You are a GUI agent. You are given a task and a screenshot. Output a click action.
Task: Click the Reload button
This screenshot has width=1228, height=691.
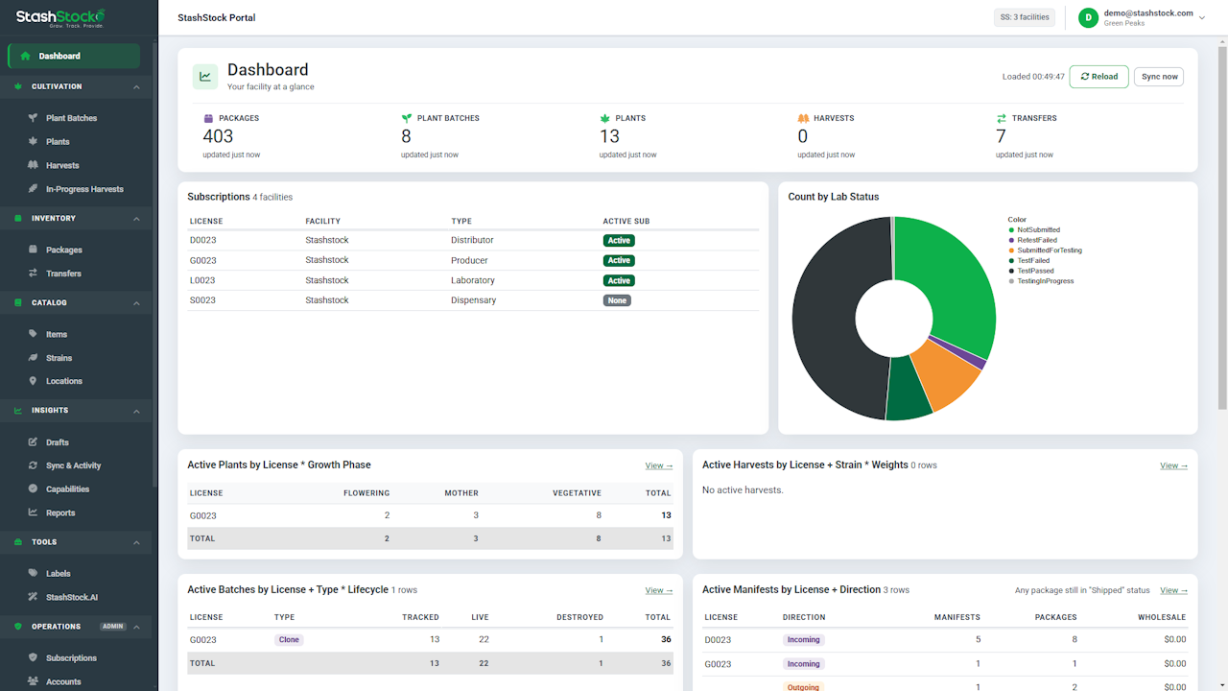point(1098,77)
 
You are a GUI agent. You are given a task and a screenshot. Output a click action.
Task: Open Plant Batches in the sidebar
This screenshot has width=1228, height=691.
point(71,118)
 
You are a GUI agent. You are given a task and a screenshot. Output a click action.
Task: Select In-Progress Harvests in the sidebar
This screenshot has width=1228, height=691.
point(84,189)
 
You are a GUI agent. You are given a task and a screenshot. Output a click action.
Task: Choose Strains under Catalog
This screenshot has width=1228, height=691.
point(59,358)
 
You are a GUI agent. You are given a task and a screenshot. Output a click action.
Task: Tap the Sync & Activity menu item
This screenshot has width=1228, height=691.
point(74,465)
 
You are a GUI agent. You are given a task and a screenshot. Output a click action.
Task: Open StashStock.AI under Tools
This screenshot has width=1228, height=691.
point(72,597)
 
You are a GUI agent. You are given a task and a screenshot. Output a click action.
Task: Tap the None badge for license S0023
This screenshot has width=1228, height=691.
point(617,300)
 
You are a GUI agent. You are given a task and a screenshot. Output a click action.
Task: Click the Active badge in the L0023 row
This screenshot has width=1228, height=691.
point(619,281)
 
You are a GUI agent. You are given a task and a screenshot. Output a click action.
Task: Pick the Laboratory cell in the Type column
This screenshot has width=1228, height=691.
point(473,280)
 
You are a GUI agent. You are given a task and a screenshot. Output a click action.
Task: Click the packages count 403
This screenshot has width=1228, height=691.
point(218,136)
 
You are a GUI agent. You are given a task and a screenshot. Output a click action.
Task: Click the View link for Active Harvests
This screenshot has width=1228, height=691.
point(1173,465)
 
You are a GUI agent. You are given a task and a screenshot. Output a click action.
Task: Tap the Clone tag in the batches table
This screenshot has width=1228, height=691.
point(289,639)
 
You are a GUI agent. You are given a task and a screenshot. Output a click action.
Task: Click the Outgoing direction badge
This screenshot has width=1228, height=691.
point(803,687)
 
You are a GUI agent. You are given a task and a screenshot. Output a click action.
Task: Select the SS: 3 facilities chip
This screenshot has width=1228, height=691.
point(1024,17)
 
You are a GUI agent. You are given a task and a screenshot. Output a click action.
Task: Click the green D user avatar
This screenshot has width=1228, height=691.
point(1088,17)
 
